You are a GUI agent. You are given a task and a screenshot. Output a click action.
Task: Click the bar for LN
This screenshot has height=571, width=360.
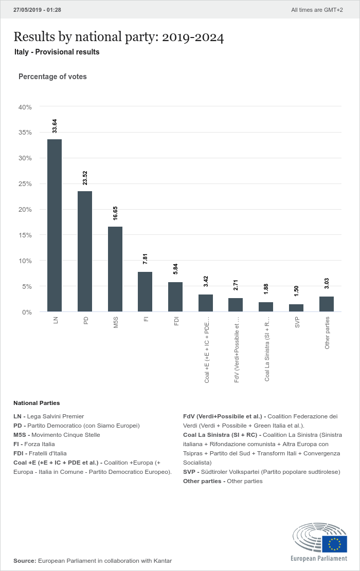click(x=55, y=226)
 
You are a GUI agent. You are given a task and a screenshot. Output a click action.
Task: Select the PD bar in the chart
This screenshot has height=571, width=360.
click(x=85, y=251)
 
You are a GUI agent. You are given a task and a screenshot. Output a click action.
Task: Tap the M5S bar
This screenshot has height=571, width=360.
click(x=115, y=269)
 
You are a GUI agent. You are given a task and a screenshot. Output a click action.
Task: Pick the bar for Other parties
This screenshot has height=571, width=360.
click(x=327, y=304)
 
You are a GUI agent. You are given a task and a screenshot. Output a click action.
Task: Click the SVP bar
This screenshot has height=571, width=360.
click(x=296, y=308)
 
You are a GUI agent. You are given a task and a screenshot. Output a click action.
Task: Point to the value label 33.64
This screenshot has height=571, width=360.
click(x=55, y=126)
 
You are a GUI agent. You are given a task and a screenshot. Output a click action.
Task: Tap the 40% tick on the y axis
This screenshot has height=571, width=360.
click(x=25, y=107)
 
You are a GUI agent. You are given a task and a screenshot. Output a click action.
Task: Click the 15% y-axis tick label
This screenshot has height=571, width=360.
click(x=25, y=235)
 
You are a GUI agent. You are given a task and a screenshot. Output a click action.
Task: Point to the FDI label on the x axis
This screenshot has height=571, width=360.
click(x=176, y=321)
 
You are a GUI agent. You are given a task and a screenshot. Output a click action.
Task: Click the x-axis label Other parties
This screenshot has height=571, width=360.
click(x=327, y=333)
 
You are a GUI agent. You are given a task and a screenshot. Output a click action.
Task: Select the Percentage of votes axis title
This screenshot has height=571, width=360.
click(x=52, y=77)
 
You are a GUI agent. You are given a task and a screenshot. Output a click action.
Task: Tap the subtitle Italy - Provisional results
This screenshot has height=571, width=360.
click(x=57, y=52)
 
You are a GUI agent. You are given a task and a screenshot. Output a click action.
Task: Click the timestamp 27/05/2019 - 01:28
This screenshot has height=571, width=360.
click(x=37, y=10)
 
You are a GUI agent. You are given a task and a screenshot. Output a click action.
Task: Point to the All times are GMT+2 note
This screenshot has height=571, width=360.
click(x=317, y=10)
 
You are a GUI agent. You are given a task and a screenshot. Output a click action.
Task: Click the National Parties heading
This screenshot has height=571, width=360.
click(x=37, y=403)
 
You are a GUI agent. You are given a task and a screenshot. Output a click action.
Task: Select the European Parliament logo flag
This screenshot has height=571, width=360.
click(x=334, y=544)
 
